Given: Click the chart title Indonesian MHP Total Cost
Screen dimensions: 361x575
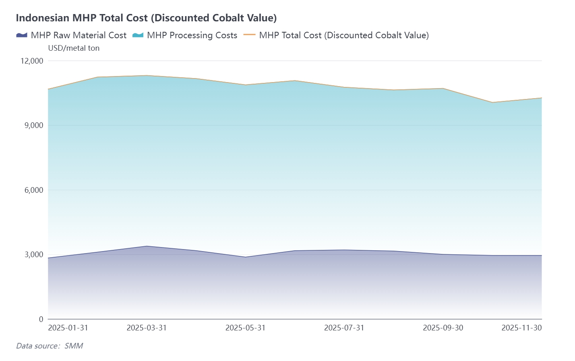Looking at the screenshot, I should (146, 18).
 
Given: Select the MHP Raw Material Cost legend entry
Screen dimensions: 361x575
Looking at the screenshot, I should (71, 35).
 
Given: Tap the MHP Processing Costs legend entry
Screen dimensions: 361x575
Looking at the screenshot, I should (185, 35).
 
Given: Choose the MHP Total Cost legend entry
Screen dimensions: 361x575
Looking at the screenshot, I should (336, 35).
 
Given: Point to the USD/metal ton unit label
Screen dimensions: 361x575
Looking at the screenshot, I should (74, 48).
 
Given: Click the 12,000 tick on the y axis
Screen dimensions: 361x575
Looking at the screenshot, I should (32, 61).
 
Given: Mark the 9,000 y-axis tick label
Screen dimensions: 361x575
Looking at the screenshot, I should (34, 125).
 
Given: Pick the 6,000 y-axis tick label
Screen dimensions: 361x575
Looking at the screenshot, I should (34, 190).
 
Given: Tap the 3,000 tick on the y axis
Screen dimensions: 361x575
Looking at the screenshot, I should (34, 254).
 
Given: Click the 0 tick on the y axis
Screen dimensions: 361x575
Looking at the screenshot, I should (41, 319).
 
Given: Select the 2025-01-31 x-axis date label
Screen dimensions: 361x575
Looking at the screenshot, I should (68, 328).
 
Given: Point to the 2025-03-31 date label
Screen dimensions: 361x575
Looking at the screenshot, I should (147, 328).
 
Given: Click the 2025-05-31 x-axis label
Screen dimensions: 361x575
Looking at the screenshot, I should (245, 328).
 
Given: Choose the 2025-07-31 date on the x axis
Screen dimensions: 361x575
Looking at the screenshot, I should (344, 328).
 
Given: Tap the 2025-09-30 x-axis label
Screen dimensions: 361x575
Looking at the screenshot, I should (443, 328).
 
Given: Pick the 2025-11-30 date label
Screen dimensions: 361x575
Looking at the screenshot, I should (521, 328).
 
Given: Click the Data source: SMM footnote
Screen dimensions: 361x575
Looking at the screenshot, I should (50, 346).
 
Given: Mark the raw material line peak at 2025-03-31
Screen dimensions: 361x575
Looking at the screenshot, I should (147, 246).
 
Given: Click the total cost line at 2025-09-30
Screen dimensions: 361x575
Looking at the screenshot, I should (443, 89).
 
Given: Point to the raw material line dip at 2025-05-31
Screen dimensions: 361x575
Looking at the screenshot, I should (245, 257).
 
